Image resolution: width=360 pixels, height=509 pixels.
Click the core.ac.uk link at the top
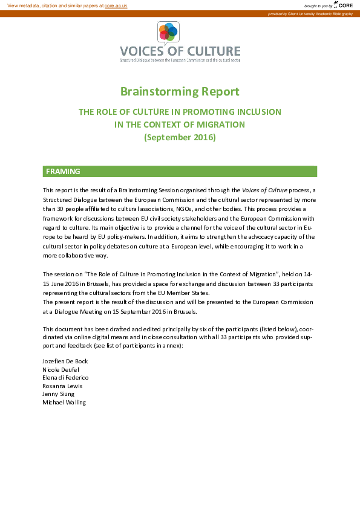pyautogui.click(x=116, y=5)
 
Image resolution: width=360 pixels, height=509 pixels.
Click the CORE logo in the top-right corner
pyautogui.click(x=344, y=5)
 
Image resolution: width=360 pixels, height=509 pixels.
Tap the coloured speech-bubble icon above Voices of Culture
pyautogui.click(x=168, y=32)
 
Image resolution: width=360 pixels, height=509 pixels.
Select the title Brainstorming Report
pyautogui.click(x=180, y=91)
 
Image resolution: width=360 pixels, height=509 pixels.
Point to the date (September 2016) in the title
pyautogui.click(x=180, y=137)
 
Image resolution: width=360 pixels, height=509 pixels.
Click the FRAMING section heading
pyautogui.click(x=63, y=172)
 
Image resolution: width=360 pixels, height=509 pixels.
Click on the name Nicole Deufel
pyautogui.click(x=61, y=369)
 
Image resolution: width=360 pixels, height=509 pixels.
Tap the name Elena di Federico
pyautogui.click(x=67, y=377)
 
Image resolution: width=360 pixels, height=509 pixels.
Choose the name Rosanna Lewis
pyautogui.click(x=63, y=386)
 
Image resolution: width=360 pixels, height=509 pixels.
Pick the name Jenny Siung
pyautogui.click(x=59, y=394)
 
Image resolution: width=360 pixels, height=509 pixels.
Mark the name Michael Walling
pyautogui.click(x=64, y=403)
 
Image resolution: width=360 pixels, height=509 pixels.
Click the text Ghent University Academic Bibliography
pyautogui.click(x=320, y=13)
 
